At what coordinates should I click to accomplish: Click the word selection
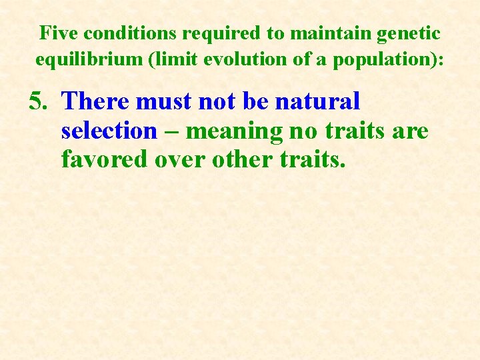point(109,131)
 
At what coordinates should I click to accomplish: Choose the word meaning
point(235,131)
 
